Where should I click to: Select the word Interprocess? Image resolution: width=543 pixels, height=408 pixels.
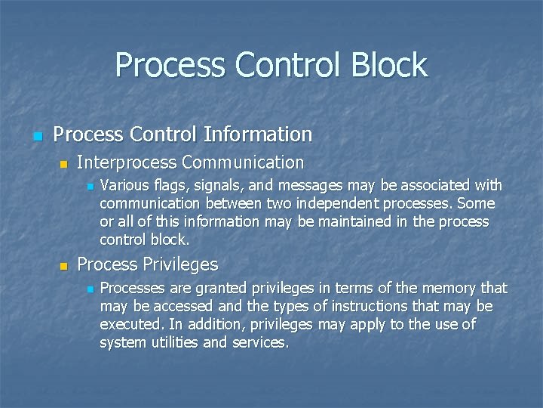point(125,162)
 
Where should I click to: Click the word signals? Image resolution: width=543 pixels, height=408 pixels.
point(215,185)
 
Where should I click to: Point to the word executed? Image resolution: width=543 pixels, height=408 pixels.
point(127,324)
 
